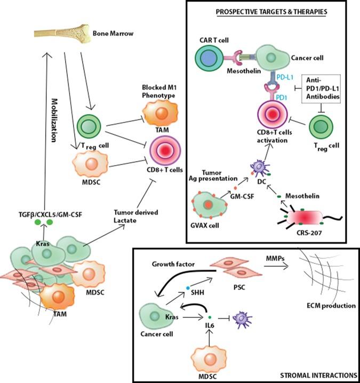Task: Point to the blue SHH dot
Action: click(x=188, y=288)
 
